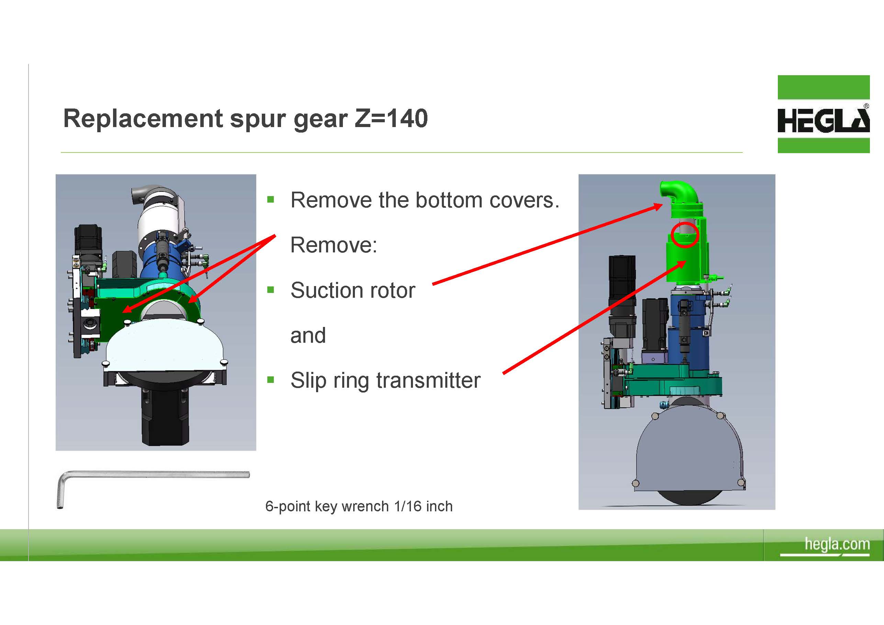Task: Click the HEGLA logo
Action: click(823, 114)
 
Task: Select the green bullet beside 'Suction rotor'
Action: click(271, 290)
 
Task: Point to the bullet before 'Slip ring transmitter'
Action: click(271, 380)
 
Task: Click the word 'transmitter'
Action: click(428, 380)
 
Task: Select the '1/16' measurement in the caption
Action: click(408, 506)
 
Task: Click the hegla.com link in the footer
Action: click(837, 544)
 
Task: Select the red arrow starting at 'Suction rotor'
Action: click(548, 245)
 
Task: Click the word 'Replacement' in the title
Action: click(143, 119)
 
